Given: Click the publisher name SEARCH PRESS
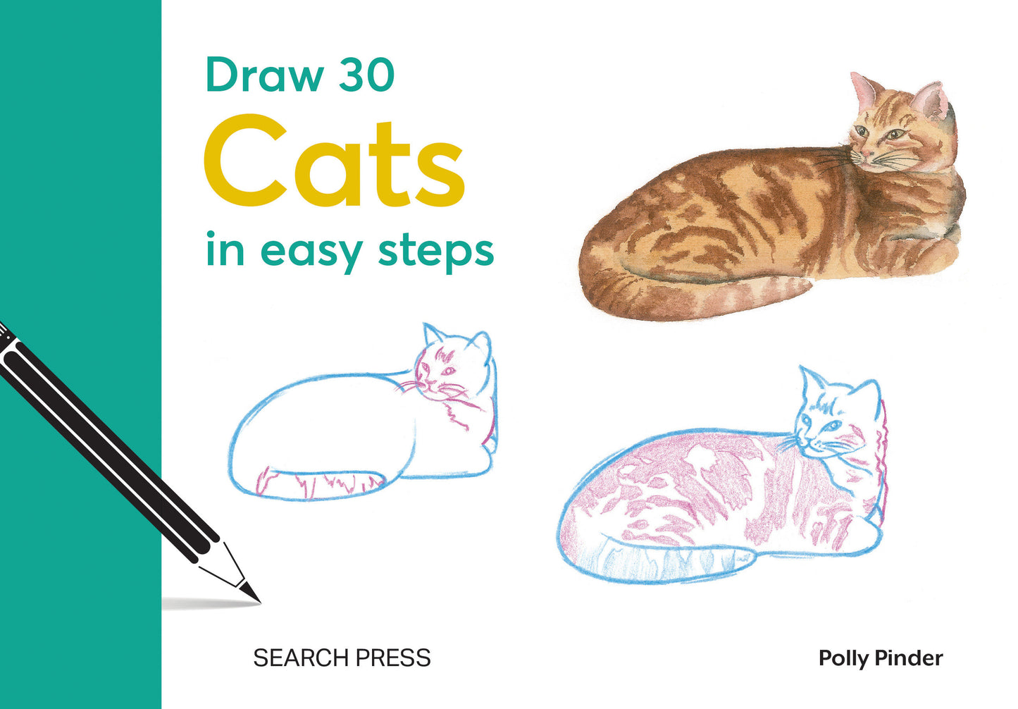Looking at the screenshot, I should [342, 658].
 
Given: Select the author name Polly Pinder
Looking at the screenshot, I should [880, 658].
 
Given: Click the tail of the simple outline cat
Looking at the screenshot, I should [317, 484].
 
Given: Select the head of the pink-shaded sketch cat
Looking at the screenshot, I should [835, 416].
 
